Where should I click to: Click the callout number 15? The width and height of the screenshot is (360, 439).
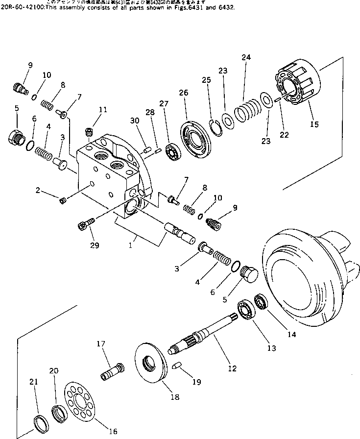pyautogui.click(x=314, y=124)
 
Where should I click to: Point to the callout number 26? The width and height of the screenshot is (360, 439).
pyautogui.click(x=183, y=93)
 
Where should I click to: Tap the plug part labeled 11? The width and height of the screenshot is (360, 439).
pyautogui.click(x=89, y=131)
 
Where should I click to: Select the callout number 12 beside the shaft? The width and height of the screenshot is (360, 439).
pyautogui.click(x=232, y=368)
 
